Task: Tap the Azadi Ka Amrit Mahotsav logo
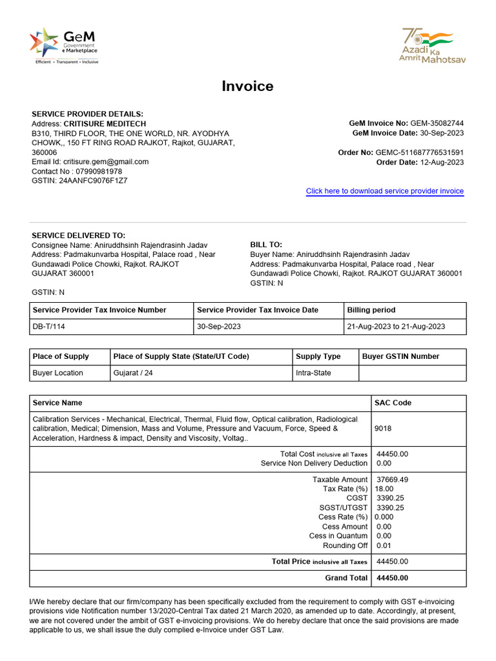click(432, 45)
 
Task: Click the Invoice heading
click(247, 86)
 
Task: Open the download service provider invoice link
click(384, 191)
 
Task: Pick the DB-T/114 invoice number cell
click(49, 327)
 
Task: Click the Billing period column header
click(371, 310)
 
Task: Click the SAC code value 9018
click(383, 428)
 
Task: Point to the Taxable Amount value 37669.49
click(392, 480)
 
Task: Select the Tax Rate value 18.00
click(384, 489)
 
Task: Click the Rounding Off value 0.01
click(384, 545)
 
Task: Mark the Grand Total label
click(346, 578)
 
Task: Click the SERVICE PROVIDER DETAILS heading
click(87, 114)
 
